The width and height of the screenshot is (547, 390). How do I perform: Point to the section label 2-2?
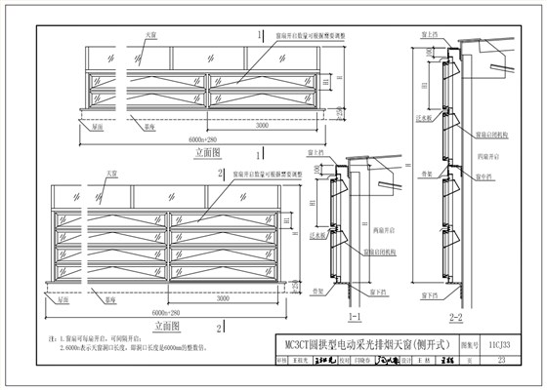(452, 317)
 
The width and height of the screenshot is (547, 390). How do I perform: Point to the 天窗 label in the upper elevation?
(150, 35)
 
